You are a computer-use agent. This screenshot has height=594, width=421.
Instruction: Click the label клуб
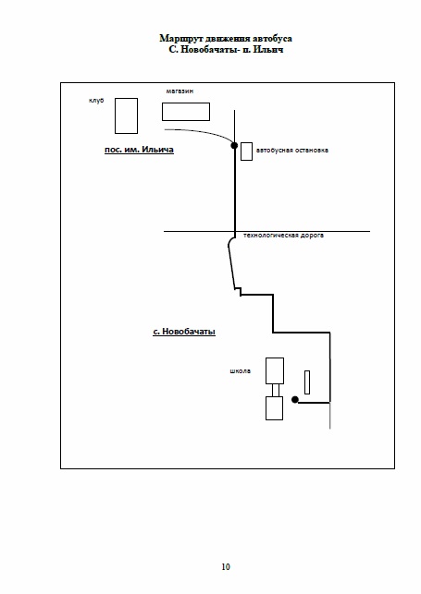coord(96,101)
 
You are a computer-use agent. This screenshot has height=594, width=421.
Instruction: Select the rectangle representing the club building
coord(126,115)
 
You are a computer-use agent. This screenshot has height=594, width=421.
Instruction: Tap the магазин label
coord(180,91)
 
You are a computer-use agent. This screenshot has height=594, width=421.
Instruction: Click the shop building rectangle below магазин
coord(186,112)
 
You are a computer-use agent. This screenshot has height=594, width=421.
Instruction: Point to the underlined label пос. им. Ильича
coord(139,150)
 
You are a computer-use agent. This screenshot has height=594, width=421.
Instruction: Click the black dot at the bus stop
coord(234,145)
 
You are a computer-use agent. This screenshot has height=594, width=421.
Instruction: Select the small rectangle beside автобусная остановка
coord(246,152)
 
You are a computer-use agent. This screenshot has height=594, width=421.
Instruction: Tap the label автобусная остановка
coord(292,150)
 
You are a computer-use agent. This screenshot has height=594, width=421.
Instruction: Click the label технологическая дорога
coord(283,236)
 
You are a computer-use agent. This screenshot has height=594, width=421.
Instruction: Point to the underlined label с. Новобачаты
coord(184,332)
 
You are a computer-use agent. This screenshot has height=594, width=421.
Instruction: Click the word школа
coord(240,370)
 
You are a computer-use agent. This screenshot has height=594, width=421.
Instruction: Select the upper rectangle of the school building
coord(275,370)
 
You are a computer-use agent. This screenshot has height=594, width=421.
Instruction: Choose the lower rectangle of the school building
coord(274,408)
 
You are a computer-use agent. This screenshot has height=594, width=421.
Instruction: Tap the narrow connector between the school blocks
coord(276,390)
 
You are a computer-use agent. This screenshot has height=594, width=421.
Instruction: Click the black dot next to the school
coord(295,400)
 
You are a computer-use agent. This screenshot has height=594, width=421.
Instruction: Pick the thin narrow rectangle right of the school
coord(307,382)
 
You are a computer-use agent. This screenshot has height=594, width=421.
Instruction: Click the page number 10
coord(226,566)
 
